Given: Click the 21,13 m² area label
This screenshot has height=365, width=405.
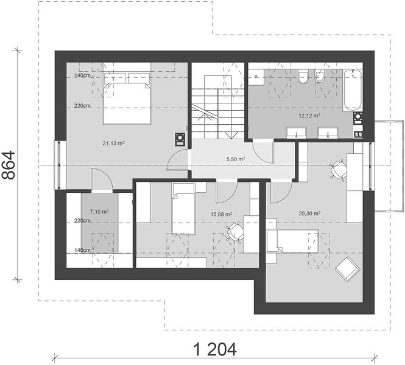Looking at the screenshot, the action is point(114,143).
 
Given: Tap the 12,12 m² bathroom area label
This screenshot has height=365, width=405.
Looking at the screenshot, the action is point(309,116).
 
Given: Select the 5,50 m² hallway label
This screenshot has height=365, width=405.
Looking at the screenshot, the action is point(236,159).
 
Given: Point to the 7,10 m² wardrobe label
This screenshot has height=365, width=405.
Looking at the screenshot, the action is point(99,212).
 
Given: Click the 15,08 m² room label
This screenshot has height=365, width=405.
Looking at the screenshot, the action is point(221,214).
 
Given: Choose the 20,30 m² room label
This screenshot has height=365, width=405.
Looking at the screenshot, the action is point(309,214).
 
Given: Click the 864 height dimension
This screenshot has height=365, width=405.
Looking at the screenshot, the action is point(9,165).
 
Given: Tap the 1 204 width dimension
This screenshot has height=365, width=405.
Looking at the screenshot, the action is point(215,350).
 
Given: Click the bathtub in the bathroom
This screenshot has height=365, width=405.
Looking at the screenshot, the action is point(352,90).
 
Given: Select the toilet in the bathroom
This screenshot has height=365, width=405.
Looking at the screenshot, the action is point(303,77).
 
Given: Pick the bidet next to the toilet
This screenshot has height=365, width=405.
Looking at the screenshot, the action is point(320,76).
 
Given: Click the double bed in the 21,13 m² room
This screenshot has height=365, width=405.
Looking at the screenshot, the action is point(127,99).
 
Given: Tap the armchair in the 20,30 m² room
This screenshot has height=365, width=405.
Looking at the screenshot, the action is point(347,269).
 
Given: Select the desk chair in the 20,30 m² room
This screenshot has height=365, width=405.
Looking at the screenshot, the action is point(338,170).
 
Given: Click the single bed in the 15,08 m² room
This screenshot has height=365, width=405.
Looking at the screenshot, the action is point(183,209).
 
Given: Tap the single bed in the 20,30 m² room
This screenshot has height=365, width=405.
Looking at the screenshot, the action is point(293,240).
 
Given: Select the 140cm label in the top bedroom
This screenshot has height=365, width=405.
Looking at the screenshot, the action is point(82,75).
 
